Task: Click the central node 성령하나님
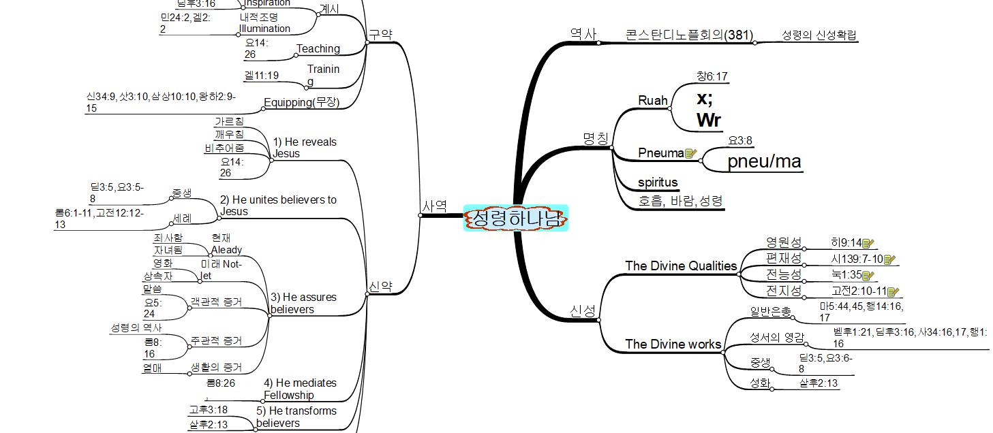[515, 218]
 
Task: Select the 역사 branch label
[583, 32]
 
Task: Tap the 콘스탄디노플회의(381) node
[689, 35]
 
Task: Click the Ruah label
[652, 101]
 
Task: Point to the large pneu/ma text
[764, 162]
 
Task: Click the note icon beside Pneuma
[690, 153]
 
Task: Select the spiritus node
[658, 182]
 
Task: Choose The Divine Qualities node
[681, 266]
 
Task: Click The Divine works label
[673, 344]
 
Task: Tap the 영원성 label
[783, 242]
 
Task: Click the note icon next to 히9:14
[868, 243]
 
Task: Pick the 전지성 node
[783, 291]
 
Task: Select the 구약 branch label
[380, 34]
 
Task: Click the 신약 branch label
[380, 287]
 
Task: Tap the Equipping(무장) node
[301, 103]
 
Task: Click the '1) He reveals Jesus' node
[304, 148]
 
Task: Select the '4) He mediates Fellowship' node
[300, 389]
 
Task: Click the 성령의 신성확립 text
[819, 35]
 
